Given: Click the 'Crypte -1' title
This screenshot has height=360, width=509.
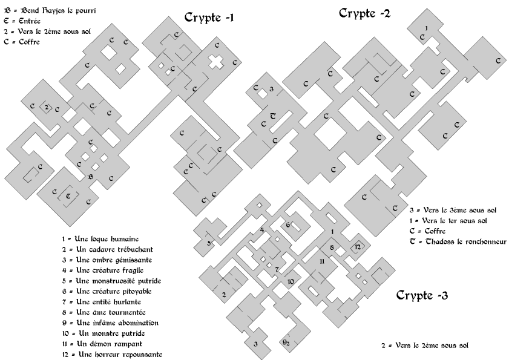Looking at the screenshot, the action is (209, 17).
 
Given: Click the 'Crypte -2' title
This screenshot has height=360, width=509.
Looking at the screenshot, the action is (364, 13).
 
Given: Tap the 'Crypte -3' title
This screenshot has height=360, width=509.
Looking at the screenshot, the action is (422, 295).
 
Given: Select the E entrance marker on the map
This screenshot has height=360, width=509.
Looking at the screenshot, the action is (68, 196).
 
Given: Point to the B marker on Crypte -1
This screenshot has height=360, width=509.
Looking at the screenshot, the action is (91, 177).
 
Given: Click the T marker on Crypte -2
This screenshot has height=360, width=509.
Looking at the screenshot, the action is (273, 116).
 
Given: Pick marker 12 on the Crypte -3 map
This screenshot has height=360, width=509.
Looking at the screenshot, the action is (358, 247).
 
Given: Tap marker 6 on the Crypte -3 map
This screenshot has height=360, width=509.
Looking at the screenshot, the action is (288, 224).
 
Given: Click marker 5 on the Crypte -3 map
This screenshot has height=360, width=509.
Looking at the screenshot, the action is (209, 243).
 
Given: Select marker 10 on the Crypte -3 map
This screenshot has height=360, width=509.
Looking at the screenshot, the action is (291, 281).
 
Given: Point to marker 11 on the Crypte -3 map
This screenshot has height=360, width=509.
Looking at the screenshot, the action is (322, 261).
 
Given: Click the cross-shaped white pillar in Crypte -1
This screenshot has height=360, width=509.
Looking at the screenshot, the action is (216, 61).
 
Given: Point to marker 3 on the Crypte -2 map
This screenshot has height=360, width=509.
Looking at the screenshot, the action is (271, 89).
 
